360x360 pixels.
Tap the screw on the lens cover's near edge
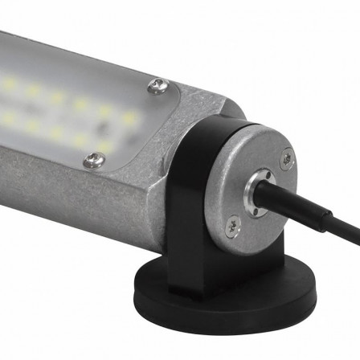pos(94,162)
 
